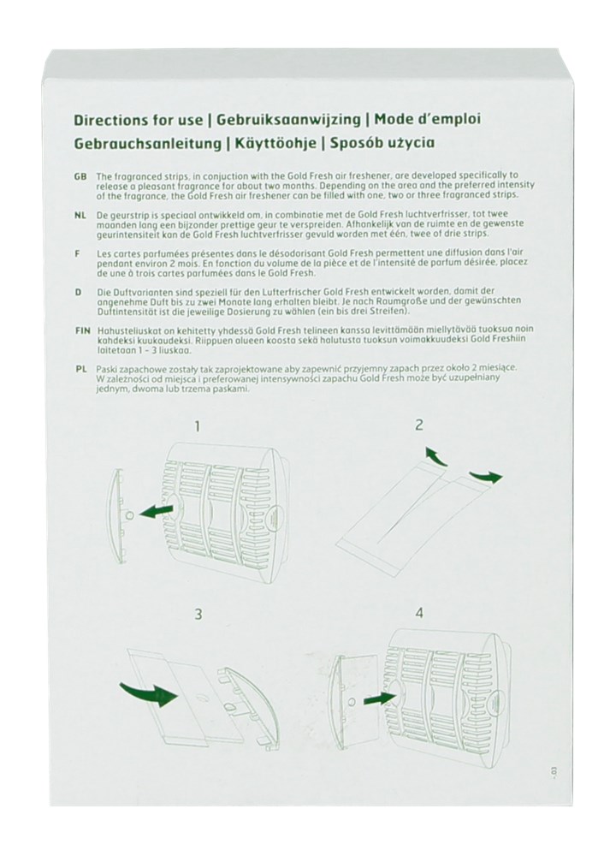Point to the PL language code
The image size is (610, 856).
81,367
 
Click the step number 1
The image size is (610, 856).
198,425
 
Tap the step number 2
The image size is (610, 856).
419,425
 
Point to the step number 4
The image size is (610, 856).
419,614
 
